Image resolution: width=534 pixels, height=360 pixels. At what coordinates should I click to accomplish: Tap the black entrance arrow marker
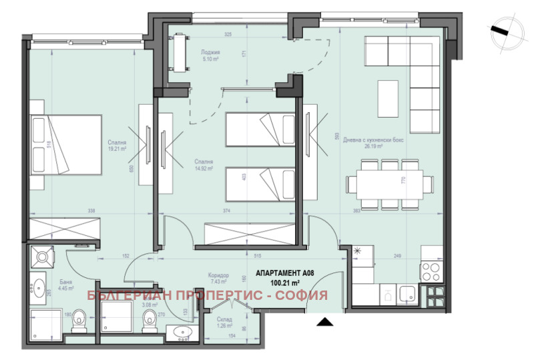[325, 323]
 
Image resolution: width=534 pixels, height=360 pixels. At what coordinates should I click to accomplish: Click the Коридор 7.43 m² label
[218, 279]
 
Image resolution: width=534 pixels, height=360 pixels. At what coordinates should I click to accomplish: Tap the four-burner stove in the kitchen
[431, 273]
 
